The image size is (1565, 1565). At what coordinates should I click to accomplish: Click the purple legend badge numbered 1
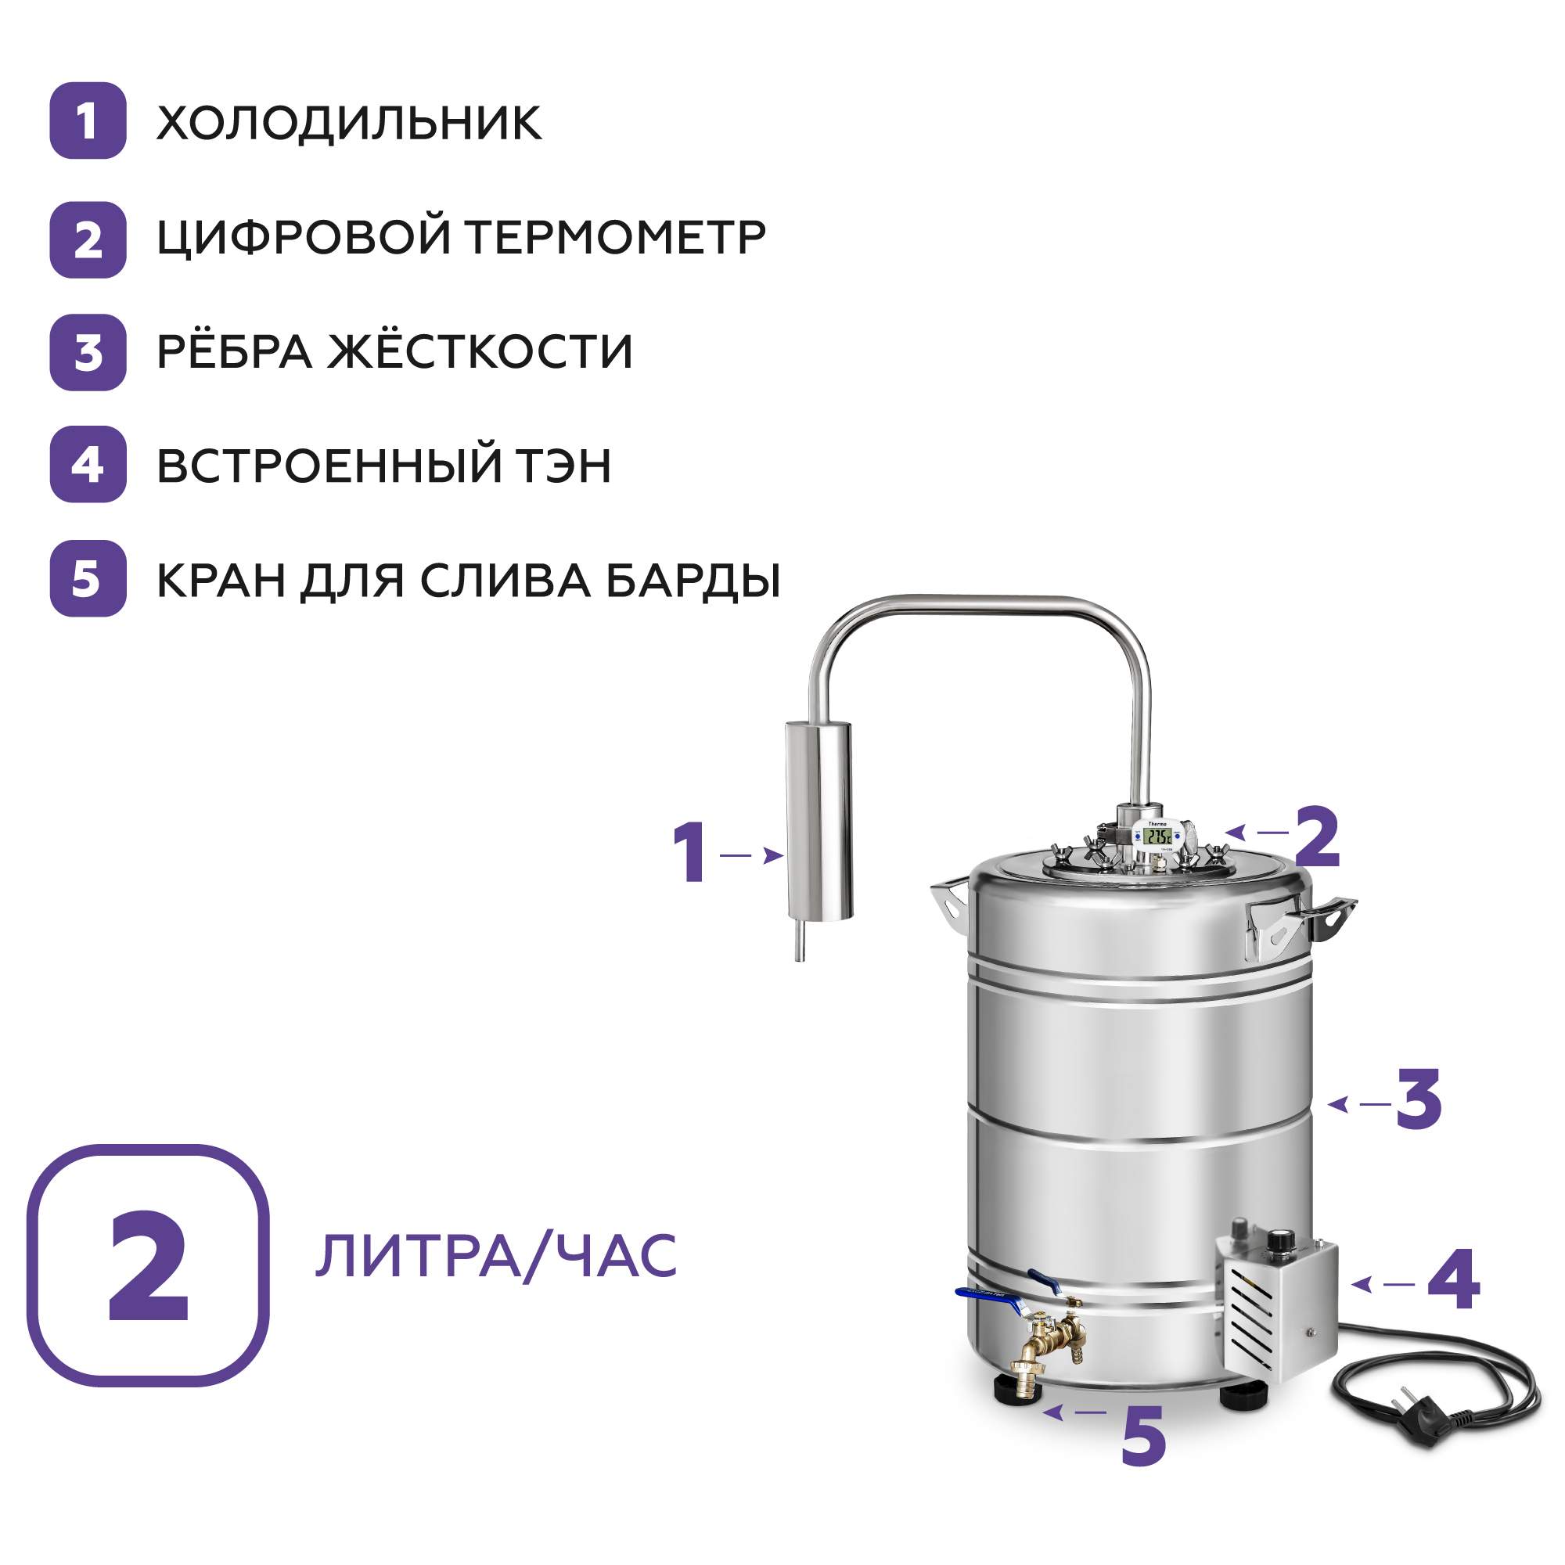pyautogui.click(x=88, y=121)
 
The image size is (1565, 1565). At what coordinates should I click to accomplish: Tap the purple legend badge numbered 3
pyautogui.click(x=88, y=352)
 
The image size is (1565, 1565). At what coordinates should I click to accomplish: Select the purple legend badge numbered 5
pyautogui.click(x=88, y=578)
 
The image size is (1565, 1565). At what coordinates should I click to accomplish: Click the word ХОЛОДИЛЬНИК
pyautogui.click(x=348, y=122)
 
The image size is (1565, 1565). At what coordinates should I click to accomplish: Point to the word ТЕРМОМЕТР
pyautogui.click(x=616, y=237)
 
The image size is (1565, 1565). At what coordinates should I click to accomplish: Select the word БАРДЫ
pyautogui.click(x=693, y=581)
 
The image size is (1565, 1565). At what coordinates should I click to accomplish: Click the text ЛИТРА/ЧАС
pyautogui.click(x=496, y=1256)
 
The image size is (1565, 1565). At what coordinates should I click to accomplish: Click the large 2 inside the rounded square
pyautogui.click(x=148, y=1266)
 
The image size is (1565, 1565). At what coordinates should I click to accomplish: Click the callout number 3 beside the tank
pyautogui.click(x=1419, y=1099)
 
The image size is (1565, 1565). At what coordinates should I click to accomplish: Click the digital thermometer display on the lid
pyautogui.click(x=1157, y=836)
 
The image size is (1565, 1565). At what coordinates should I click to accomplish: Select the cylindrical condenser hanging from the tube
pyautogui.click(x=819, y=820)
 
